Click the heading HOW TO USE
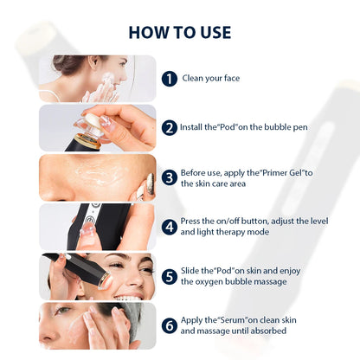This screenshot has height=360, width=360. (x=180, y=32)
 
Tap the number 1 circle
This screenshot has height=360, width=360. (x=170, y=79)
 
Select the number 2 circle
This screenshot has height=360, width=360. (x=170, y=127)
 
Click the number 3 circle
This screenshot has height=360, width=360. (x=170, y=177)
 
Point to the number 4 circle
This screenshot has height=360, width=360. (x=170, y=227)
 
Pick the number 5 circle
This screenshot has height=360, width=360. (x=170, y=276)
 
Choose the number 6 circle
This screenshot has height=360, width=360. (x=170, y=325)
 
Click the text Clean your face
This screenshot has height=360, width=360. (x=210, y=79)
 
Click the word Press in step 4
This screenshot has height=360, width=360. (x=191, y=222)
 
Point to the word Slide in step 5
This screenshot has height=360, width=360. (x=190, y=272)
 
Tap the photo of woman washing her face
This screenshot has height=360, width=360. (x=97, y=79)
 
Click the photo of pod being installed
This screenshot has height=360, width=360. (x=97, y=127)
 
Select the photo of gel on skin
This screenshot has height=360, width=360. (x=97, y=177)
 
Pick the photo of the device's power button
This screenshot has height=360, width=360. (x=97, y=227)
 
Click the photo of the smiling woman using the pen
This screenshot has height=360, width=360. (x=97, y=276)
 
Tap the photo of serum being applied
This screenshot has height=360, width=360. (x=97, y=325)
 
